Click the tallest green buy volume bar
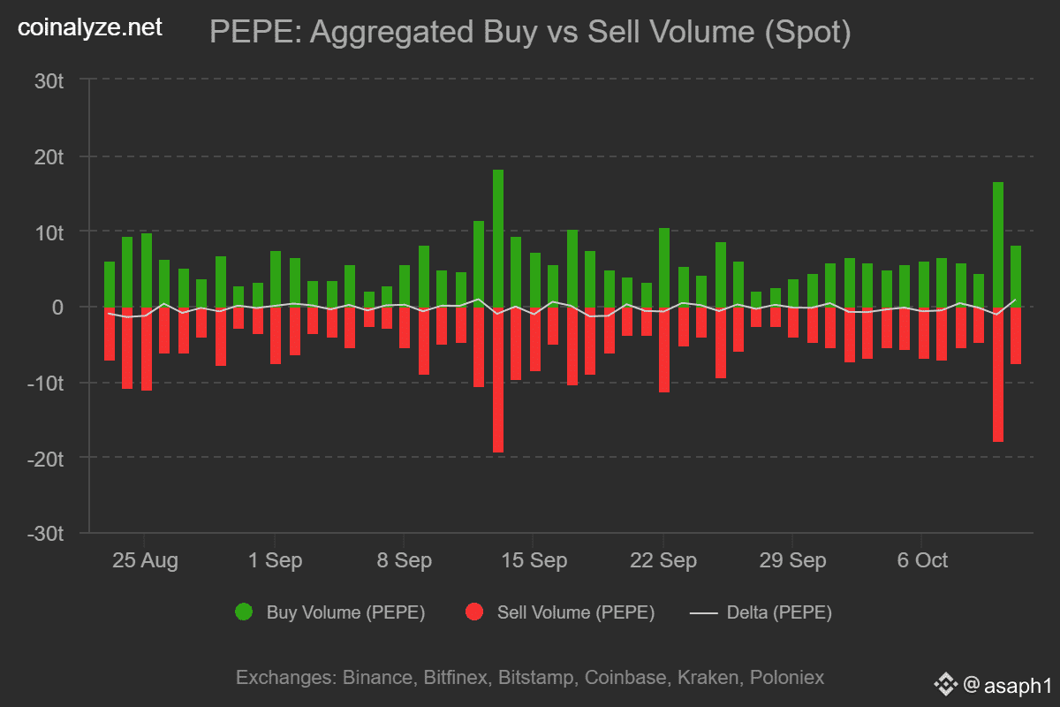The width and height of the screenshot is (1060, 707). click(x=498, y=238)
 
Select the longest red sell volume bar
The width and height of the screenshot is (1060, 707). click(x=498, y=379)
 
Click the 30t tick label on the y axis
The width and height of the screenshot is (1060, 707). click(x=49, y=80)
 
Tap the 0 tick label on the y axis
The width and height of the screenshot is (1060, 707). click(x=58, y=308)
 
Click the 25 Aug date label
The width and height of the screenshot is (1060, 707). click(x=144, y=560)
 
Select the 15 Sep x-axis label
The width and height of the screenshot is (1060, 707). click(x=534, y=560)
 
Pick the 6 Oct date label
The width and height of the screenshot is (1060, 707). click(x=922, y=560)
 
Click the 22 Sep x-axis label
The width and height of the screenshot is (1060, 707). click(x=663, y=560)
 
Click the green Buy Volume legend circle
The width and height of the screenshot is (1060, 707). click(x=244, y=612)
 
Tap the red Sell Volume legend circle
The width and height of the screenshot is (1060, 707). click(x=474, y=612)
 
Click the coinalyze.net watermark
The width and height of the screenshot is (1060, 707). click(x=90, y=27)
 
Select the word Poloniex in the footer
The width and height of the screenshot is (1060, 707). click(x=787, y=678)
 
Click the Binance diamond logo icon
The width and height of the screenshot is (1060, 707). click(x=946, y=684)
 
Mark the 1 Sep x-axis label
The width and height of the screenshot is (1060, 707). click(x=275, y=560)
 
